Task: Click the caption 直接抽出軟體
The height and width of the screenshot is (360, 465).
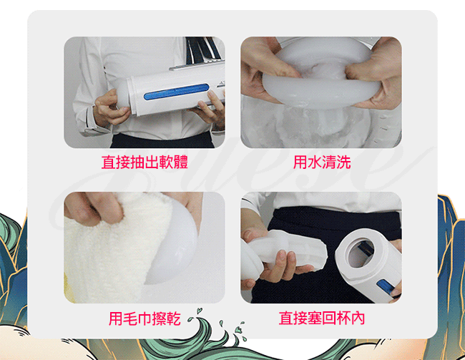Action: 145,162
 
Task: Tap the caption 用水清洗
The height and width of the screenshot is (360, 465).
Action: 322,162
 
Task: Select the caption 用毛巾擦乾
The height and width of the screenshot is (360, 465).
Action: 145,318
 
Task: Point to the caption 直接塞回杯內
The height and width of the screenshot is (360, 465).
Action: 322,318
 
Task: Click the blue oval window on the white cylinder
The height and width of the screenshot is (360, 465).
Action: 177,92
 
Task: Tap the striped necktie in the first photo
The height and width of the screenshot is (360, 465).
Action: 202,50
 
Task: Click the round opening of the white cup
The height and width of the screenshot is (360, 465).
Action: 359,253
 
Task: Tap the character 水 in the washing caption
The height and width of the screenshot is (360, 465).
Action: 315,162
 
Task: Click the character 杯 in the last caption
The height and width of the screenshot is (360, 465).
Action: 343,318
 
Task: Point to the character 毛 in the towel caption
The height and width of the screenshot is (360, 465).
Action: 130,318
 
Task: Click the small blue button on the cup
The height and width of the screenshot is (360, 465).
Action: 385,286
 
